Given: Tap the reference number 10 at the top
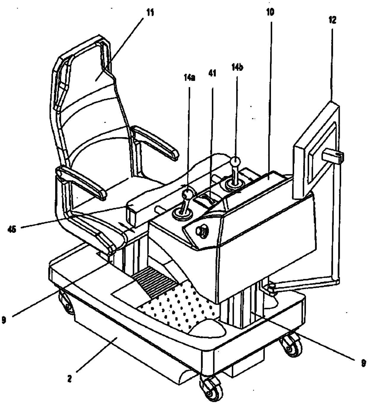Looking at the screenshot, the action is (270, 12).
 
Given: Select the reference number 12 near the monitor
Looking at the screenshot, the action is (332, 20).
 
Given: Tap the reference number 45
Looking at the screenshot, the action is (12, 229).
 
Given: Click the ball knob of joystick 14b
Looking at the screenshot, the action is (235, 162).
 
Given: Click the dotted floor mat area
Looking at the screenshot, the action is (178, 309).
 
